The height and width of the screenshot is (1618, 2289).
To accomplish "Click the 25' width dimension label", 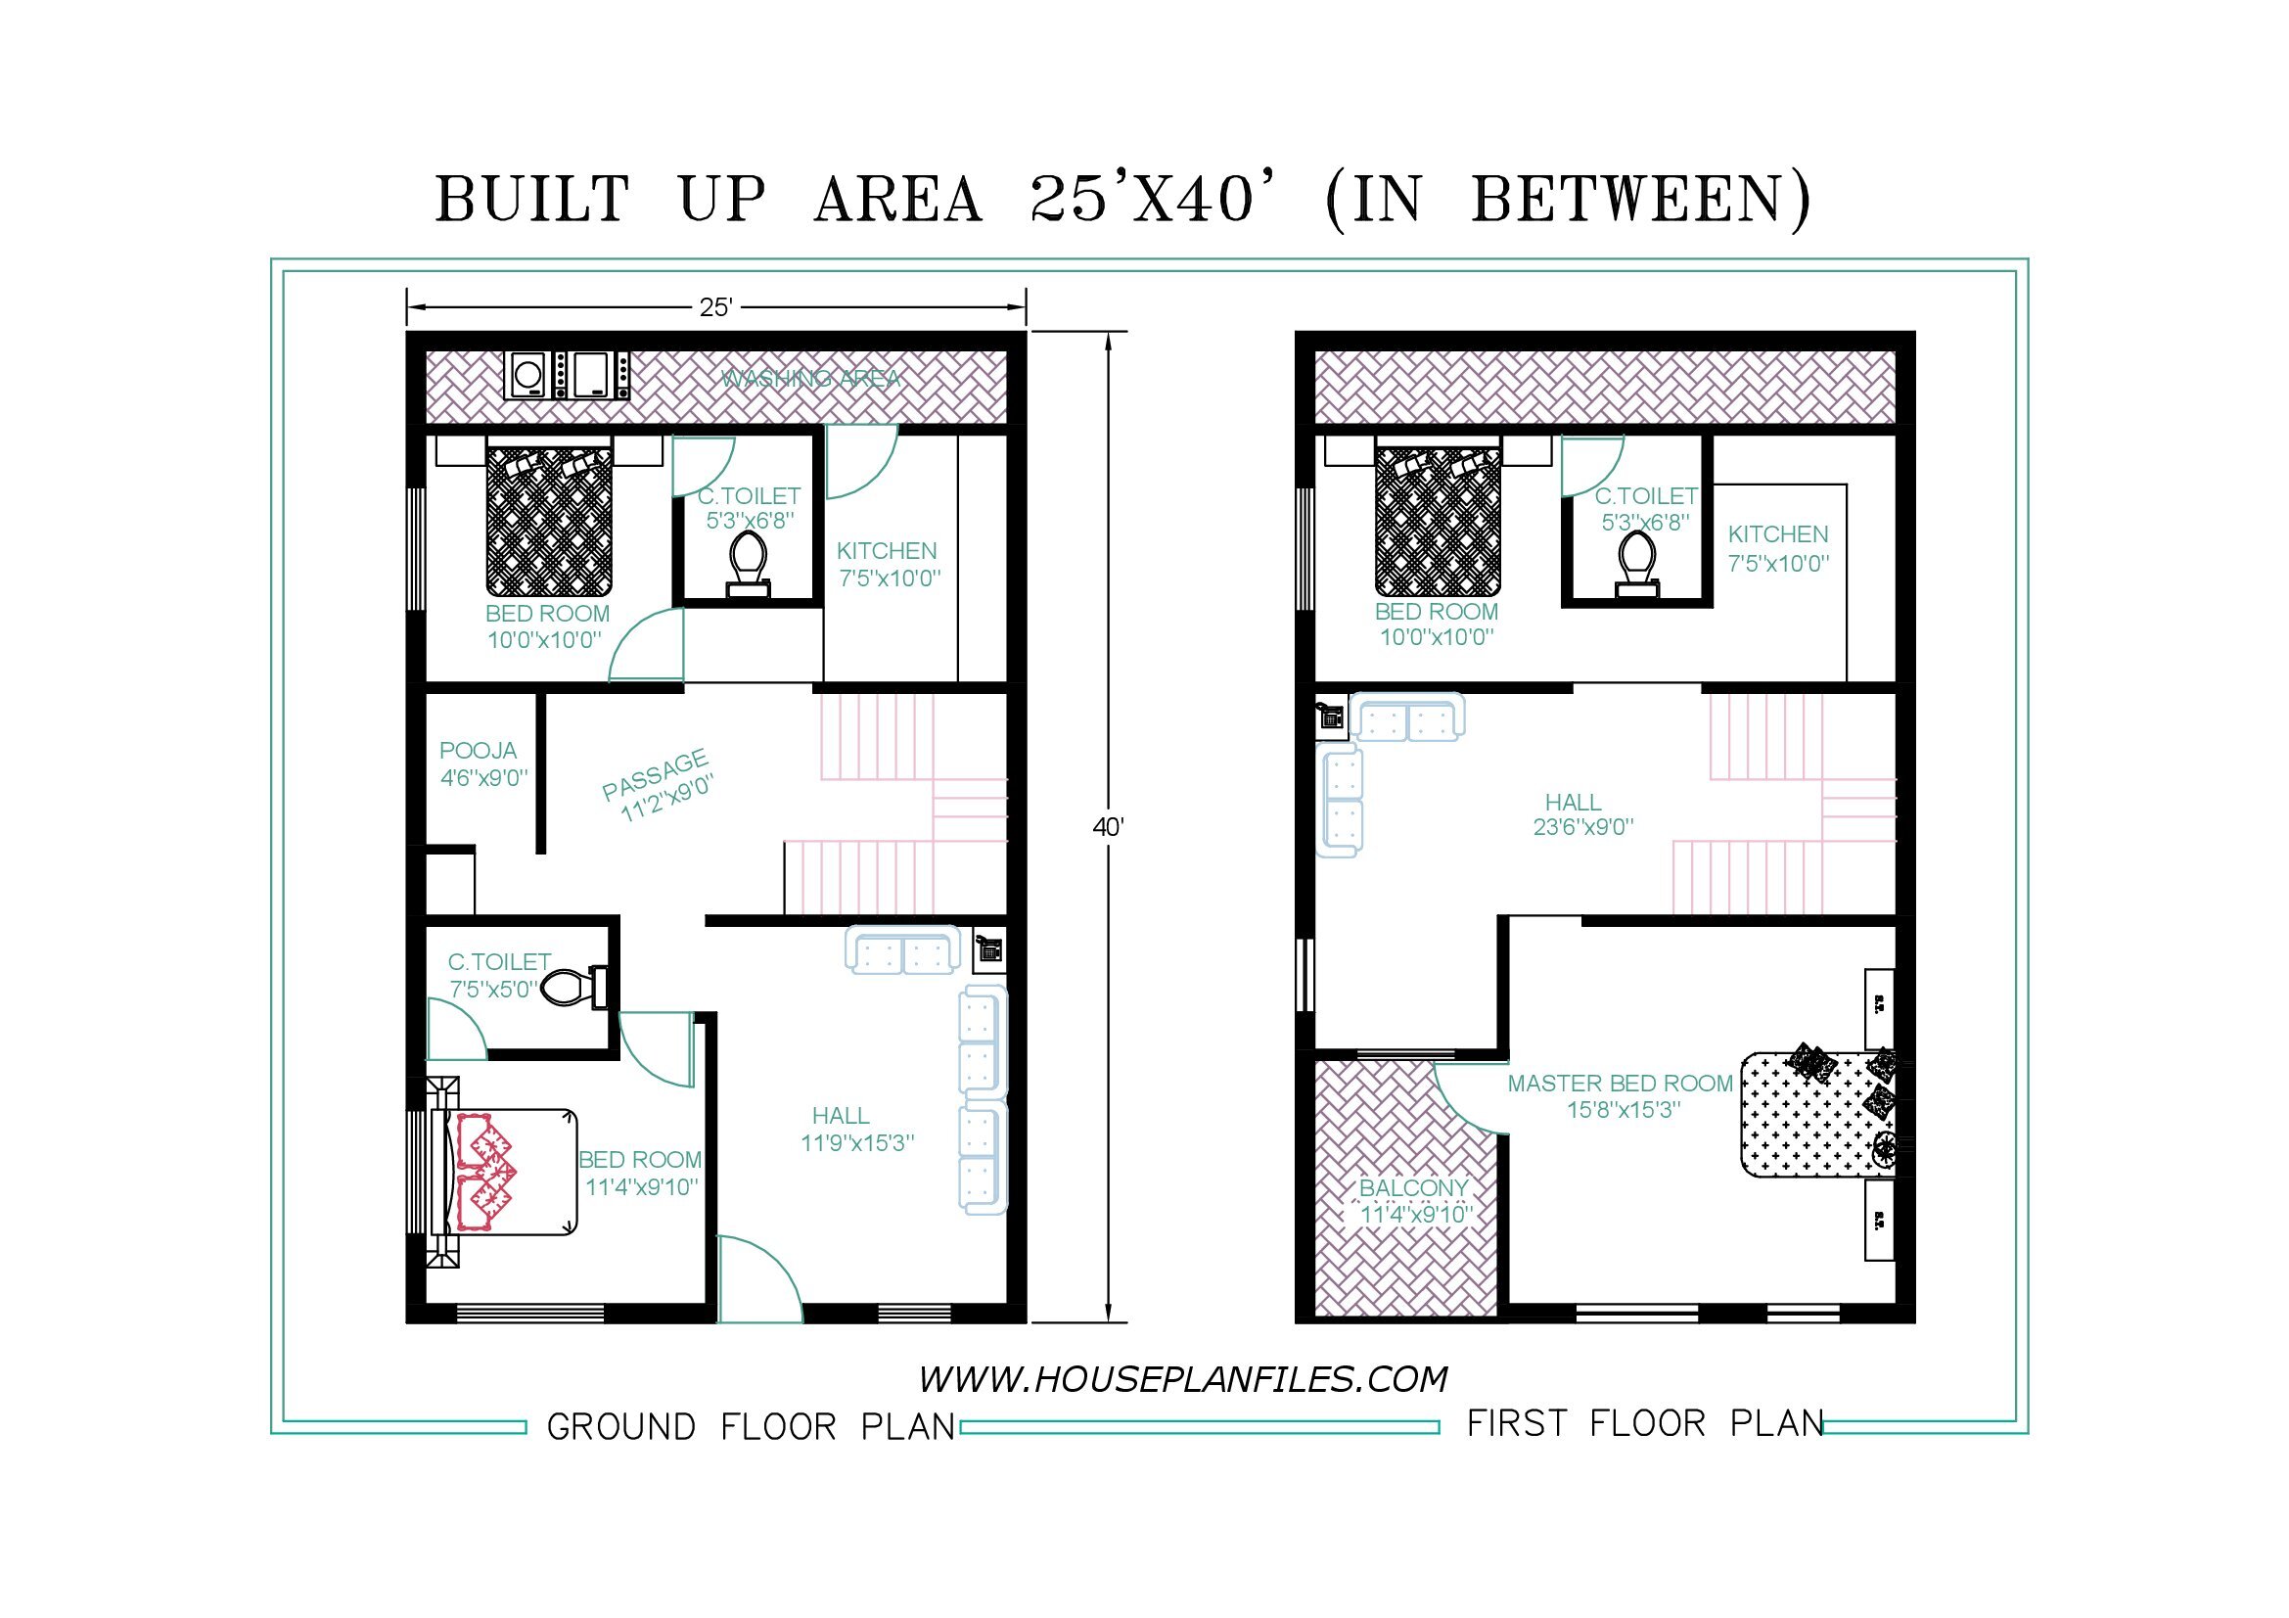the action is click(714, 307).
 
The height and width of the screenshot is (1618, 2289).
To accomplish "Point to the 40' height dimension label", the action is click(1108, 826).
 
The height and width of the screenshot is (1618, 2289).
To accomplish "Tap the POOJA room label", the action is click(479, 750).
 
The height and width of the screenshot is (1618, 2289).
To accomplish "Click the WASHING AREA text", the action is click(810, 379).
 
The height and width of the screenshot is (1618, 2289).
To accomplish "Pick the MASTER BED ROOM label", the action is click(1620, 1083).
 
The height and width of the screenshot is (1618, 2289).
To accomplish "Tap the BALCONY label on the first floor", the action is click(1414, 1187).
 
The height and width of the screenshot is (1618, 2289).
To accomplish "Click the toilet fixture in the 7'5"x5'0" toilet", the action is click(574, 986).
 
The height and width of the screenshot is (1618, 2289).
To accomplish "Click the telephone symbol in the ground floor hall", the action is click(989, 948).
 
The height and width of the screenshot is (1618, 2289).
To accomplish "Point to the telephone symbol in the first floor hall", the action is click(1330, 716).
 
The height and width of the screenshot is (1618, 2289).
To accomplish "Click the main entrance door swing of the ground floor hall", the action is click(758, 1278).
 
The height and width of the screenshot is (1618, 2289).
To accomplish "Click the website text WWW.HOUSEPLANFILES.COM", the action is click(1182, 1380).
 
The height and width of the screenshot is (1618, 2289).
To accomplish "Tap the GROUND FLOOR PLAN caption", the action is click(751, 1426).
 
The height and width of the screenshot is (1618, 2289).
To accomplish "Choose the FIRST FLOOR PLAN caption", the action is click(1645, 1422).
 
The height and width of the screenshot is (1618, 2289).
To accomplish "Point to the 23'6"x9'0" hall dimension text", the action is click(1583, 826).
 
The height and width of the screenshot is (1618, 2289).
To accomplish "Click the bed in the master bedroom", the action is click(1822, 1113).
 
